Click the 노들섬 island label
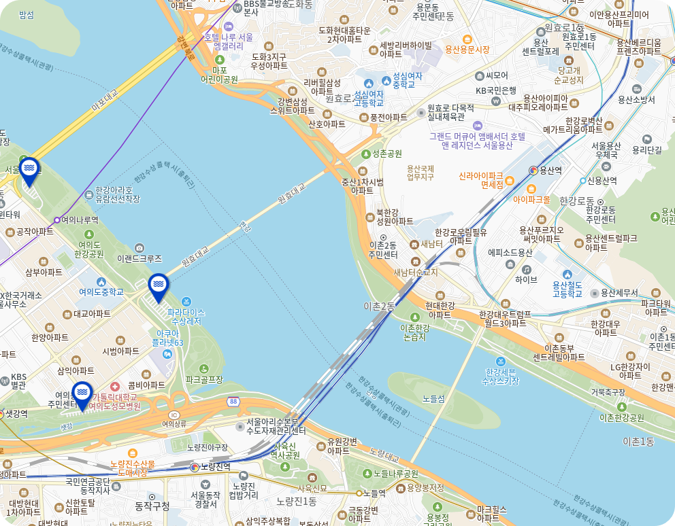click(x=433, y=398)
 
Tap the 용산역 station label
click(x=549, y=171)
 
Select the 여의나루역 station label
click(x=80, y=220)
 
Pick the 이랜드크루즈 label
click(x=139, y=259)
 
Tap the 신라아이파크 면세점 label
click(x=481, y=179)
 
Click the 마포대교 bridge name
click(x=105, y=100)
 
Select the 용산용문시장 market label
click(x=467, y=50)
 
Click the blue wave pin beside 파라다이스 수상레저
click(x=158, y=287)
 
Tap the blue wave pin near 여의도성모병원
click(x=82, y=394)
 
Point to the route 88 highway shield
click(x=234, y=402)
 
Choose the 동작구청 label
click(x=152, y=506)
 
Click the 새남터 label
click(x=431, y=244)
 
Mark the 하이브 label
click(x=526, y=279)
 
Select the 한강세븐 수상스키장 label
click(x=501, y=376)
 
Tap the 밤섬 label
click(x=27, y=15)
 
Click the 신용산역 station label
click(x=602, y=181)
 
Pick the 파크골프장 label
click(x=204, y=379)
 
